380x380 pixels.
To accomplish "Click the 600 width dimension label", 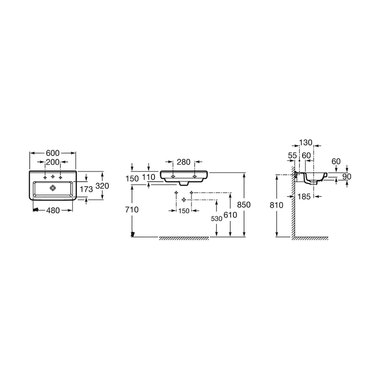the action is (x=52, y=153).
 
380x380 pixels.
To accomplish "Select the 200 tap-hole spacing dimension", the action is (x=52, y=162).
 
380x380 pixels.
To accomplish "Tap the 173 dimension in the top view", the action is (x=86, y=189).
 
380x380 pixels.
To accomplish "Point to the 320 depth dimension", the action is (x=102, y=186).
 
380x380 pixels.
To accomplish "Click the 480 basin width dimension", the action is (x=53, y=211).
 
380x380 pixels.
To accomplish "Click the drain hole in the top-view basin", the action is (x=52, y=188).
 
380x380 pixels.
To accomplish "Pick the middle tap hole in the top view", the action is (x=52, y=177).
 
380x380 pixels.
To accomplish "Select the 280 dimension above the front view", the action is (x=184, y=162).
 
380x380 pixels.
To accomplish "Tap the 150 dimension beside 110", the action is (x=132, y=179).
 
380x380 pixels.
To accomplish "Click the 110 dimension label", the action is (x=148, y=177).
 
